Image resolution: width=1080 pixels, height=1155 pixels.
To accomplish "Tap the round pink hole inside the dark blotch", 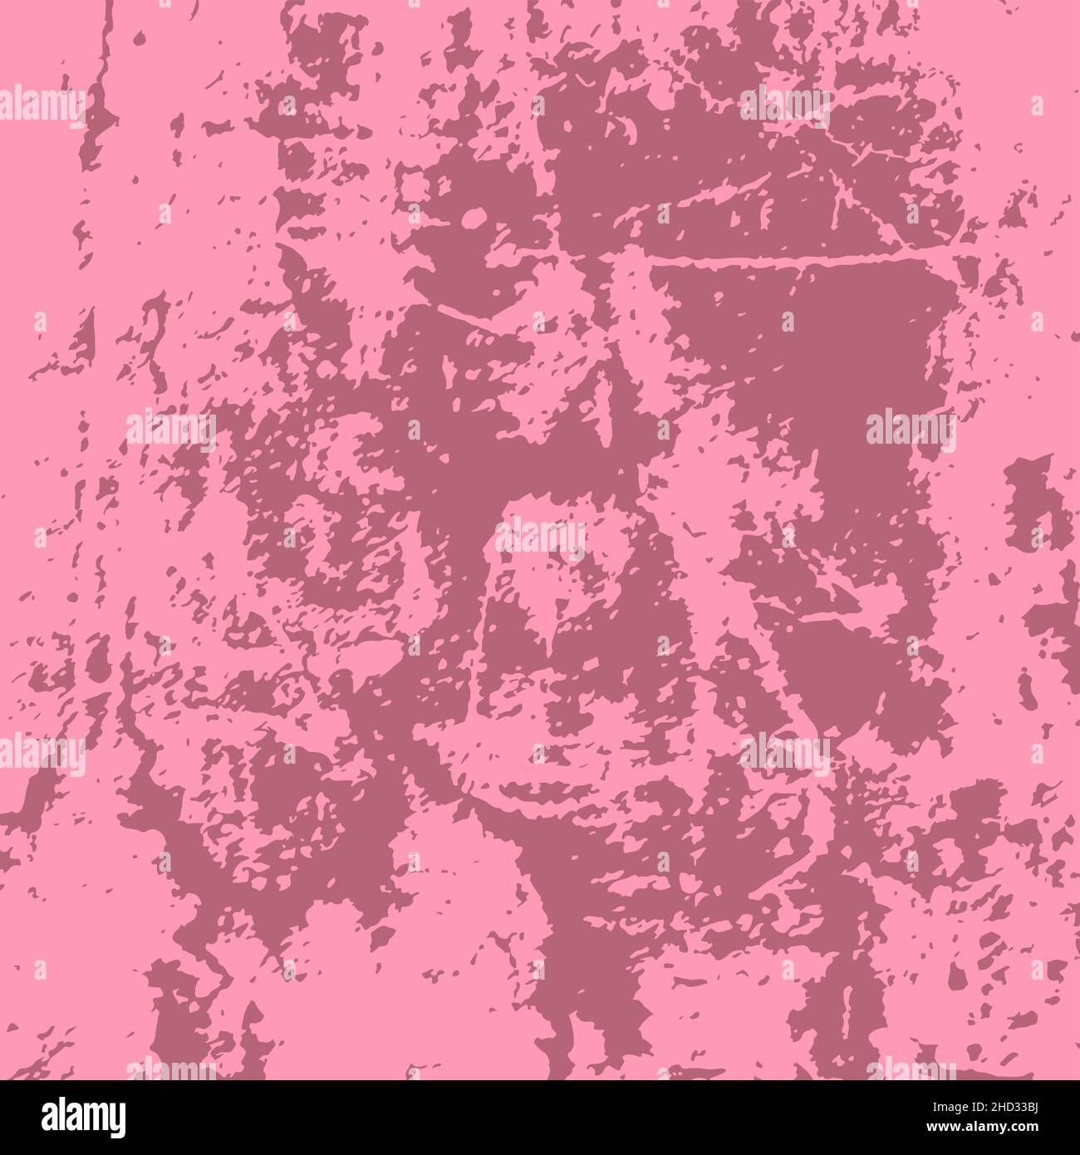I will click(x=474, y=219).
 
